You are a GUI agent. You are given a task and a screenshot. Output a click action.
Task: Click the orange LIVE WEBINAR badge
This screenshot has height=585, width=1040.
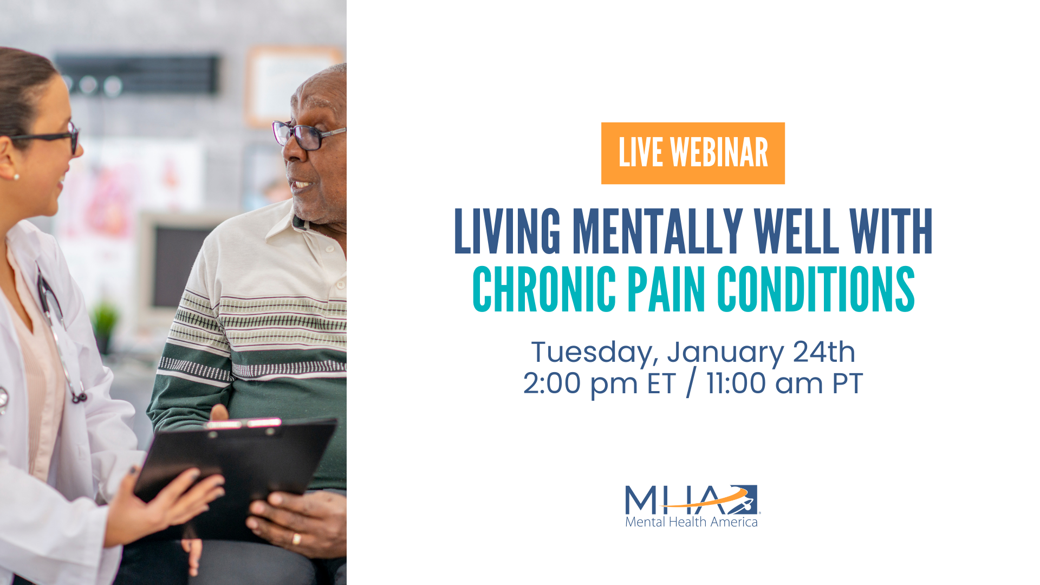click(x=693, y=153)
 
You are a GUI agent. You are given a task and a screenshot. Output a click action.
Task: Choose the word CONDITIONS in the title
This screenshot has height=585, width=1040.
click(x=816, y=290)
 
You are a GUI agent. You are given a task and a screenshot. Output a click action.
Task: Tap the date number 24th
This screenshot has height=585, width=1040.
click(x=824, y=352)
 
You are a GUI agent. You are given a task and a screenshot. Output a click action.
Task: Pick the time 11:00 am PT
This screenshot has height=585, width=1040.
click(x=784, y=383)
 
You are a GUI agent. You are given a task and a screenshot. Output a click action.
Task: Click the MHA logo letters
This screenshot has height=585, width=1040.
click(x=692, y=499)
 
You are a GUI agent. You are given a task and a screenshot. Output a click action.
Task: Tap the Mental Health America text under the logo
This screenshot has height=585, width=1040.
click(x=691, y=522)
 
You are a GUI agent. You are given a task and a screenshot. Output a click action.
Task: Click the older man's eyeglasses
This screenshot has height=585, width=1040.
click(x=308, y=136)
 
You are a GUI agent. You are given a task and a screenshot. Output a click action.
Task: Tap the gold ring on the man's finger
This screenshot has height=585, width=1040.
click(x=296, y=539)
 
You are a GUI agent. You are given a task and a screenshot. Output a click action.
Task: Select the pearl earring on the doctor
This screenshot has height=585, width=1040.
click(x=16, y=177)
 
